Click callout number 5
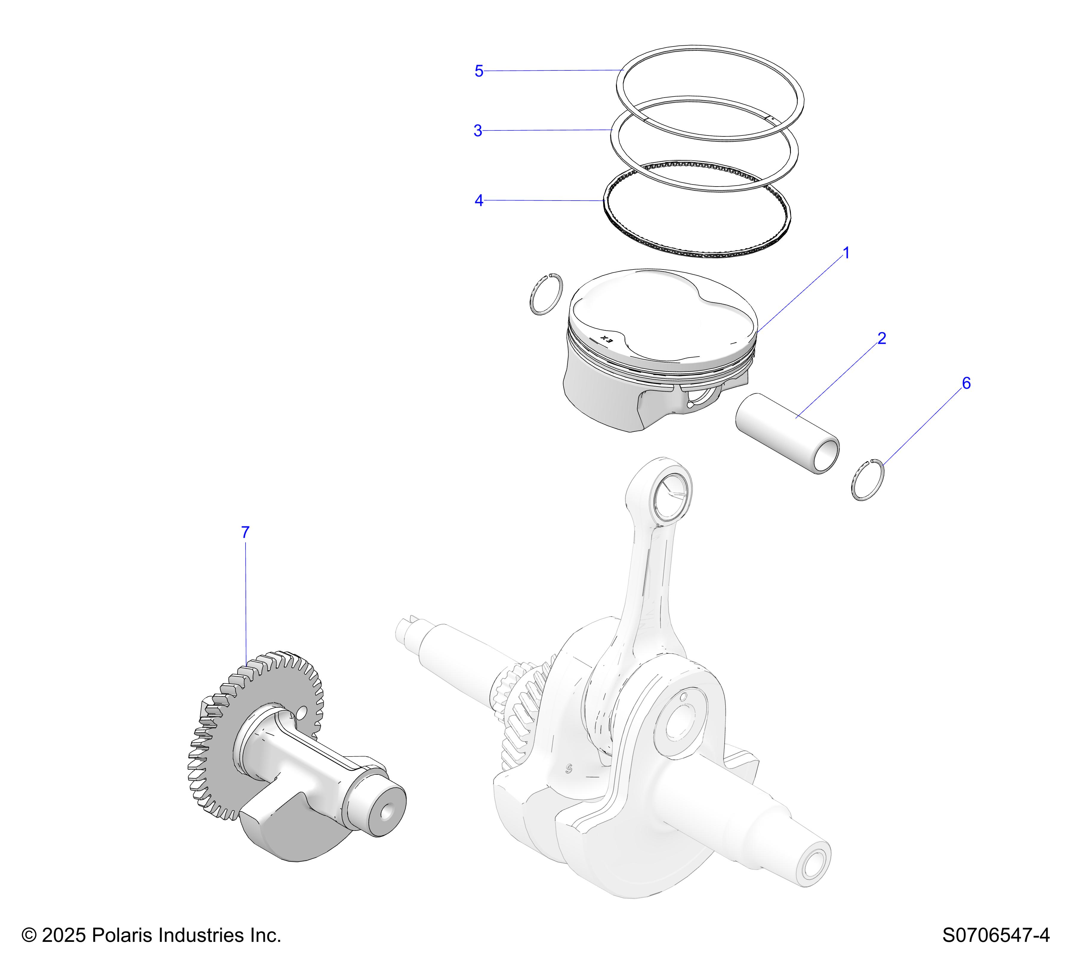pyautogui.click(x=479, y=71)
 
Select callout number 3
pyautogui.click(x=478, y=131)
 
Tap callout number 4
pyautogui.click(x=479, y=201)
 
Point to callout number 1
pyautogui.click(x=846, y=253)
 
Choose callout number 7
pyautogui.click(x=245, y=532)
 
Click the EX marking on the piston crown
pyautogui.click(x=607, y=339)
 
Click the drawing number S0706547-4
pyautogui.click(x=996, y=935)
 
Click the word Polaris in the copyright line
pyautogui.click(x=122, y=935)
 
